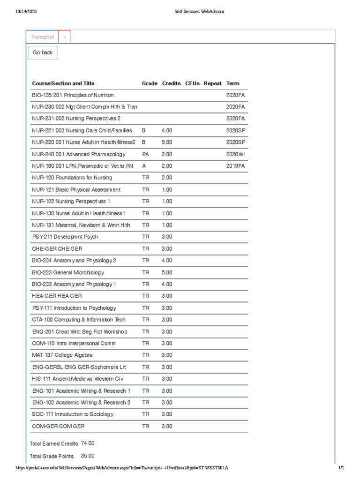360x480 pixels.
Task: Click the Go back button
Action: click(x=43, y=53)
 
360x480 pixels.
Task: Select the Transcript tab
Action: click(x=42, y=37)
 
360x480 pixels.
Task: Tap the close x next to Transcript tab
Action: click(x=65, y=37)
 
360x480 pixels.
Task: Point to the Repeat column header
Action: click(x=212, y=83)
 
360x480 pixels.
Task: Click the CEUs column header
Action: click(x=192, y=83)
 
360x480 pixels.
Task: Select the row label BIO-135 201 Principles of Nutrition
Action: click(x=73, y=95)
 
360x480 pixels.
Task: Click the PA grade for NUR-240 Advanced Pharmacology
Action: click(x=145, y=154)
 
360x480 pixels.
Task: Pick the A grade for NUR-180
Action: click(x=144, y=166)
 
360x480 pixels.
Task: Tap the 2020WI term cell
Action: click(x=235, y=154)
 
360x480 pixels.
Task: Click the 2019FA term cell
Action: click(x=235, y=166)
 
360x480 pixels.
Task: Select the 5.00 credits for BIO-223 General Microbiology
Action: click(x=167, y=272)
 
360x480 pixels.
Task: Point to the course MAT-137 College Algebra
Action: click(x=62, y=355)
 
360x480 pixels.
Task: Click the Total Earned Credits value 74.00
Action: click(x=88, y=443)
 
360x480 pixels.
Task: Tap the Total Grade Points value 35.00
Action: click(x=88, y=456)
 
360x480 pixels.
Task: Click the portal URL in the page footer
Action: click(x=122, y=468)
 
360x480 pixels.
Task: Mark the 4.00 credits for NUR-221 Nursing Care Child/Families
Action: click(x=167, y=130)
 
